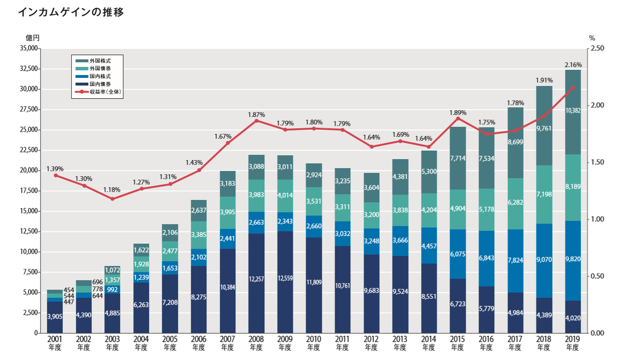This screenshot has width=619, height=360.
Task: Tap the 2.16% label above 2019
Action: coord(573,65)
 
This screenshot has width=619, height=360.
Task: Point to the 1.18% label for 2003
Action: coord(113,190)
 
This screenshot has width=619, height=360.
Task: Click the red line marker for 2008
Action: coord(256,120)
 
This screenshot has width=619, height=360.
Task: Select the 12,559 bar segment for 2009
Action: coord(285,278)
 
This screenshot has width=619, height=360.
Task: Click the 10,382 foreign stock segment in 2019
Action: coord(573,110)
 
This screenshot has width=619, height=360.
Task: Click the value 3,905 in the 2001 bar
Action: coord(55,317)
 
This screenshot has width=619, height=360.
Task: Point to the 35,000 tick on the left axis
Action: coord(28,48)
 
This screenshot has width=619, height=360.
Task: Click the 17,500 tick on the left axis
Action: coord(28,191)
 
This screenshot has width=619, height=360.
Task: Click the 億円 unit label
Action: coord(33,37)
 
